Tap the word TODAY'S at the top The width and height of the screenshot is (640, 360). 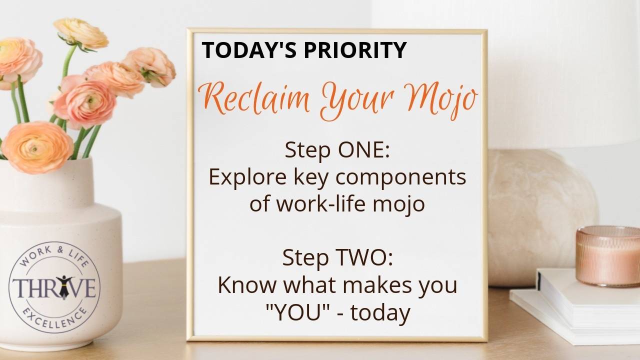click(242, 50)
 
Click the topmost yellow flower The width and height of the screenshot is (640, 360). click(80, 33)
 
